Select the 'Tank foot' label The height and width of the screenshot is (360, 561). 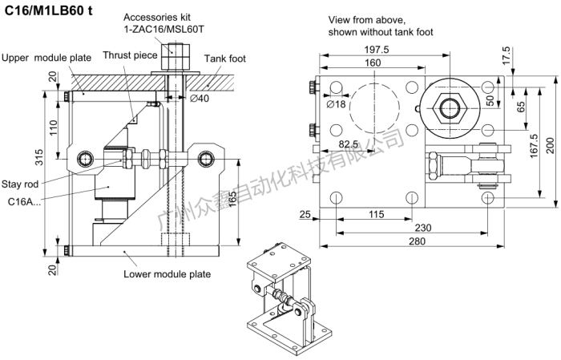[226, 59]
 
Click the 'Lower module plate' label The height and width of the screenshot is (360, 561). [167, 274]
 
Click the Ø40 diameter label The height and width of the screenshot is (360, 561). [200, 99]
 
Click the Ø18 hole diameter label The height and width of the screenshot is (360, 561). [337, 103]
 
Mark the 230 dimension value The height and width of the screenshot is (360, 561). [412, 227]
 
